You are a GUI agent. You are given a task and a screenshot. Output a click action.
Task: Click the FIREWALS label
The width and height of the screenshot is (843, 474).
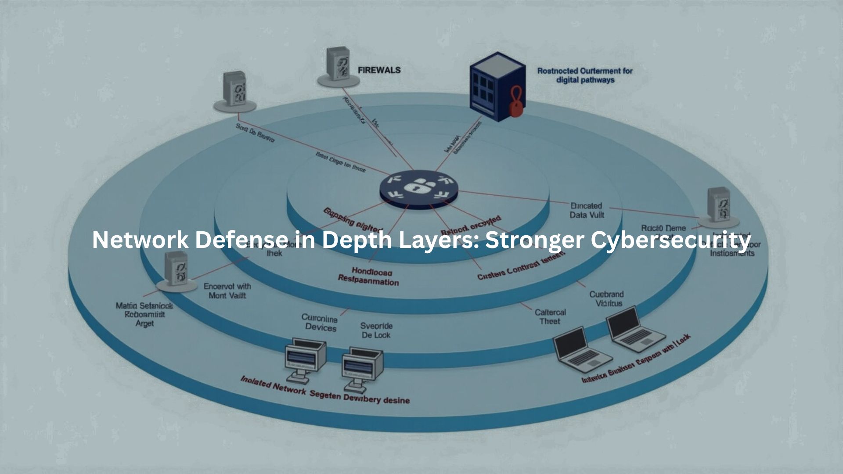click(x=379, y=70)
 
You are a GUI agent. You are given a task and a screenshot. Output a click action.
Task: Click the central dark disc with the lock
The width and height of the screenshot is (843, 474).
click(x=418, y=190)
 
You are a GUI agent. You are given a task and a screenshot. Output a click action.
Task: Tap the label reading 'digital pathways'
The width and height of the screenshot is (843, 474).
click(x=585, y=80)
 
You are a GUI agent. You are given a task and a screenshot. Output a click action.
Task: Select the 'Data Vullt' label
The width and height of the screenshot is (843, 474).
click(x=587, y=215)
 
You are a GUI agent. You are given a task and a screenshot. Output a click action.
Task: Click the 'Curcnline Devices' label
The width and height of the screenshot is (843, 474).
click(x=320, y=323)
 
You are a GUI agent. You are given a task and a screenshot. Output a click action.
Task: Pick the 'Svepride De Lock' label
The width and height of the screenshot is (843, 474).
click(x=376, y=330)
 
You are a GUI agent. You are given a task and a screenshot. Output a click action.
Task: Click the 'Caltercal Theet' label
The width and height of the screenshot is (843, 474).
click(x=550, y=316)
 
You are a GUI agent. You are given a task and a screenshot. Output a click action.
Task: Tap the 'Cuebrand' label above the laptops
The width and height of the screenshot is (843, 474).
click(x=606, y=294)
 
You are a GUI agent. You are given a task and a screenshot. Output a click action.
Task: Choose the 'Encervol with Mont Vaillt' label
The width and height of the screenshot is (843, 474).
click(x=227, y=291)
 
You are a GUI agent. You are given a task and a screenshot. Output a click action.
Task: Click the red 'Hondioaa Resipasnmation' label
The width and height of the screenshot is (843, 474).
click(x=368, y=276)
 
